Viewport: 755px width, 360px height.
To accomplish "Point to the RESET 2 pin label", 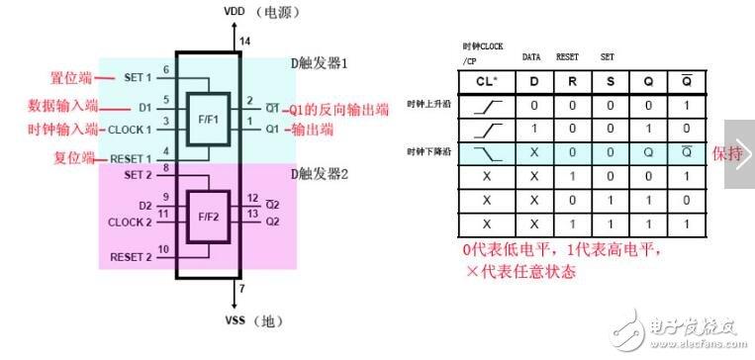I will pos(129,257).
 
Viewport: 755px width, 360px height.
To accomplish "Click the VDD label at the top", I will pos(233,12).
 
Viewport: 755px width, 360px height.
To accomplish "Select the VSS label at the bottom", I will pos(233,321).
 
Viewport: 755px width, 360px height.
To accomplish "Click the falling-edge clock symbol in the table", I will pos(485,153).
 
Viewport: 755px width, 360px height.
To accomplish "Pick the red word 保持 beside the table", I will pos(726,153).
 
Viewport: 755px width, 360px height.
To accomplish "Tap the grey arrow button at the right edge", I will pos(739,153).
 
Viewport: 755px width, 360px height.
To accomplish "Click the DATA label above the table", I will pos(531,57).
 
